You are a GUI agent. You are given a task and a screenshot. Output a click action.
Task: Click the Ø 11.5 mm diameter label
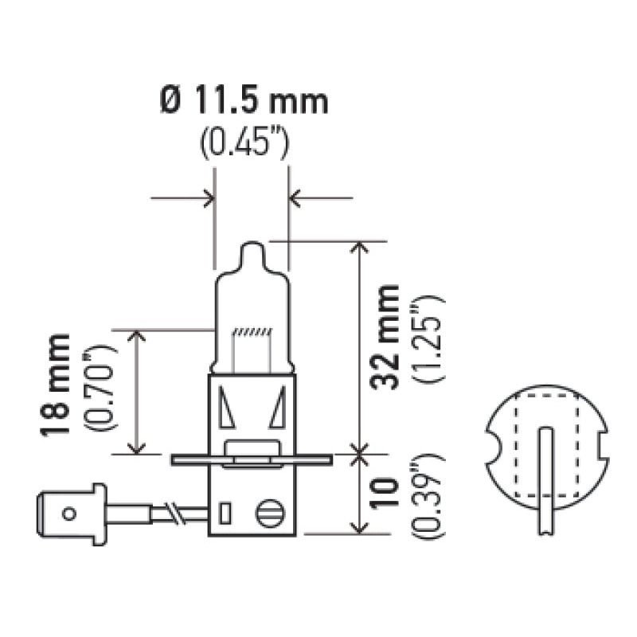click(x=243, y=102)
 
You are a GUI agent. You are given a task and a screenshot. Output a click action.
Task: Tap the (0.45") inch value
click(x=243, y=144)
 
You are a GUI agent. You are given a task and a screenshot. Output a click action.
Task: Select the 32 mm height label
click(x=388, y=335)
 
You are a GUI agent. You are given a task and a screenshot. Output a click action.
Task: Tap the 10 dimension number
click(x=388, y=494)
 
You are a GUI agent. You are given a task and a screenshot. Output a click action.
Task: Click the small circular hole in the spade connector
click(x=70, y=514)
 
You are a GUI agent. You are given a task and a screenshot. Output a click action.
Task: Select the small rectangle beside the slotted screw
click(x=225, y=510)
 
